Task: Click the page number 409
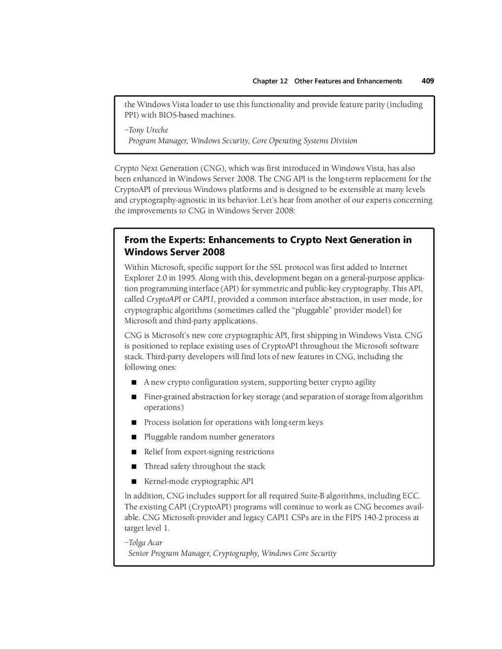[x=427, y=81]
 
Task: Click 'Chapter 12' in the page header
[x=270, y=81]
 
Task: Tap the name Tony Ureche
[x=149, y=130]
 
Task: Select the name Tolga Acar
[x=146, y=543]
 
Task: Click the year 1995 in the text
[x=187, y=278]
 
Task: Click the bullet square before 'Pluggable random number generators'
[x=133, y=437]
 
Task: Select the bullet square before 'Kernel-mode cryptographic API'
[x=133, y=481]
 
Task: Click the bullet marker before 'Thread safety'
[x=133, y=467]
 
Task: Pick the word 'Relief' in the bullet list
[x=153, y=452]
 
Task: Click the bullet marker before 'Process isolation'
[x=133, y=422]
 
